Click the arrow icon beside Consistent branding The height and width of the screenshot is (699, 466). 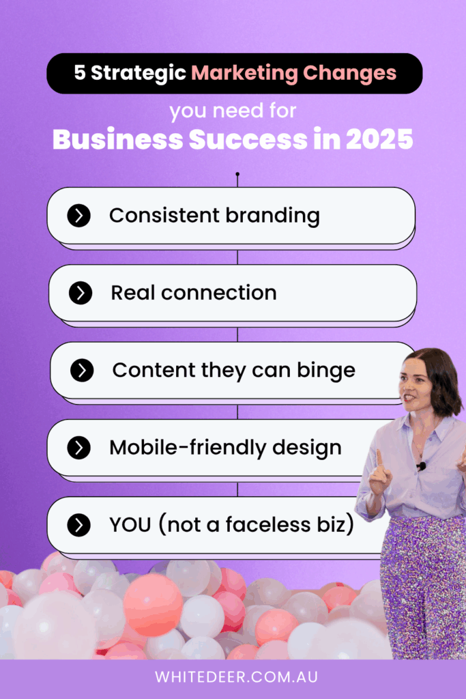(x=79, y=216)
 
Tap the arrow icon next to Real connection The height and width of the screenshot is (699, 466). (x=81, y=293)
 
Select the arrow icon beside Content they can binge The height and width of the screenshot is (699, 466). (x=82, y=371)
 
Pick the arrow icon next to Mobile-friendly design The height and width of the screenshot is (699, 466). (x=79, y=448)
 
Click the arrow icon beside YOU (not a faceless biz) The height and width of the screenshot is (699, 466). (x=79, y=525)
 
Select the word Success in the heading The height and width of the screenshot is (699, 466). (x=248, y=139)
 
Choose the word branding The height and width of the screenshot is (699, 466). (x=272, y=216)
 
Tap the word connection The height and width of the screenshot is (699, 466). (x=219, y=294)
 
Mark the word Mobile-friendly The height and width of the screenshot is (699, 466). (x=188, y=448)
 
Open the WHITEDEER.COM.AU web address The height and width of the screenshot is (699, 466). (x=237, y=677)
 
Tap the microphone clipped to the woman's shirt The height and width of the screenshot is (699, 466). (x=421, y=466)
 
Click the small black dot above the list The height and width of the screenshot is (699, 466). (x=237, y=174)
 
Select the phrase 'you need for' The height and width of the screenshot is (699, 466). (x=233, y=111)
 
